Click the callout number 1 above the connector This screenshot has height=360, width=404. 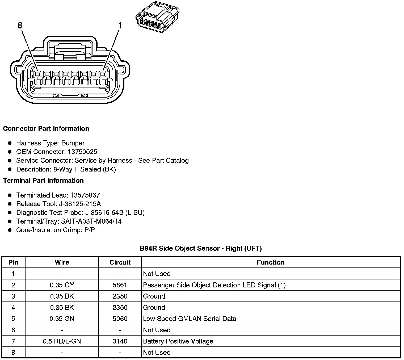point(120,26)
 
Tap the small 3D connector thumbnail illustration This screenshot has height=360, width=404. point(157,18)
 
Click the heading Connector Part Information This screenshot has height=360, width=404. point(46,129)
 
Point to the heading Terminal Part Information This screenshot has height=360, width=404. point(43,181)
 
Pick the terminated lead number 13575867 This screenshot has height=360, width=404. point(85,195)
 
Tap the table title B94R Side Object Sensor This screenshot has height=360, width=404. point(201,249)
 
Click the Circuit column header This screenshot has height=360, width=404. point(120,262)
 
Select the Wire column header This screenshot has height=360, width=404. point(62,262)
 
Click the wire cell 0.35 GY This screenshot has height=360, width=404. point(62,285)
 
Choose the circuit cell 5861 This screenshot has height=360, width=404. point(120,285)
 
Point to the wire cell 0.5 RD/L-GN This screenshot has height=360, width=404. point(62,341)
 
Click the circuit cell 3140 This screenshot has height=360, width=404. point(120,341)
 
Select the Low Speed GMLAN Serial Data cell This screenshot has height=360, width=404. point(190,319)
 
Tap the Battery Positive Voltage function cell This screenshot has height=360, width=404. point(178,341)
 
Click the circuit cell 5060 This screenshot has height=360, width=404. point(120,319)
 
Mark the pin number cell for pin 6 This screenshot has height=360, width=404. point(13,330)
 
